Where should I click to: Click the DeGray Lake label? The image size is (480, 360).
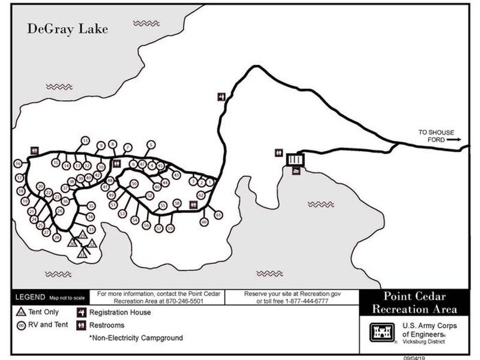pyautogui.click(x=67, y=29)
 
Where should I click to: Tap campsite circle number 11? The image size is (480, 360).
pyautogui.click(x=85, y=140)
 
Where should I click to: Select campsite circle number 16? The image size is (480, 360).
pyautogui.click(x=18, y=163)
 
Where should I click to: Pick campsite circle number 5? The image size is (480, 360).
pyautogui.click(x=151, y=144)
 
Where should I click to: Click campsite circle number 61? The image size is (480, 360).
pyautogui.click(x=218, y=214)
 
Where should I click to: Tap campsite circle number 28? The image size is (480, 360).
pyautogui.click(x=57, y=238)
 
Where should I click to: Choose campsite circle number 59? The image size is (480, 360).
pyautogui.click(x=170, y=228)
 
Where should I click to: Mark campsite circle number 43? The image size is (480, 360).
pyautogui.click(x=176, y=175)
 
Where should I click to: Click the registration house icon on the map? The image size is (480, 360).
pyautogui.click(x=221, y=97)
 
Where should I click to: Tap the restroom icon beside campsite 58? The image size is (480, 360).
pyautogui.click(x=193, y=204)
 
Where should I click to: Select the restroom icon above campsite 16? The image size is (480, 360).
pyautogui.click(x=35, y=151)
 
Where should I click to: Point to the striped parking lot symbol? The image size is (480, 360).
pyautogui.click(x=296, y=160)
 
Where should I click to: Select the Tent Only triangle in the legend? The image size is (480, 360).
pyautogui.click(x=21, y=312)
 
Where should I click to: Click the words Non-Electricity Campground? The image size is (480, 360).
pyautogui.click(x=136, y=338)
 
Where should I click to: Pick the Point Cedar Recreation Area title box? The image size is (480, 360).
pyautogui.click(x=414, y=303)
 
